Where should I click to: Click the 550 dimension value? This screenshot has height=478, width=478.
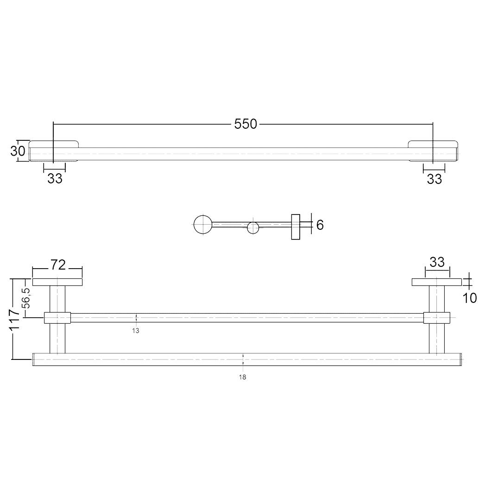pyautogui.click(x=245, y=124)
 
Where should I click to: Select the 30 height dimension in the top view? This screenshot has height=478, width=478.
pyautogui.click(x=18, y=151)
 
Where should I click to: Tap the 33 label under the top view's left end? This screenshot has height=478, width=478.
pyautogui.click(x=55, y=179)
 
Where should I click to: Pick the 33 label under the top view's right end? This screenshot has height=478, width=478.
pyautogui.click(x=434, y=179)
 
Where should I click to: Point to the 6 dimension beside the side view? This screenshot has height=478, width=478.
pyautogui.click(x=320, y=225)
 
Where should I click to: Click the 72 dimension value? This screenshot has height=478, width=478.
pyautogui.click(x=58, y=265)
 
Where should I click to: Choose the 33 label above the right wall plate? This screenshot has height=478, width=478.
pyautogui.click(x=437, y=262)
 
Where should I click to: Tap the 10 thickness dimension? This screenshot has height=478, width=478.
pyautogui.click(x=470, y=298)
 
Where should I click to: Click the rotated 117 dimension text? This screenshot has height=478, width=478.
pyautogui.click(x=14, y=319)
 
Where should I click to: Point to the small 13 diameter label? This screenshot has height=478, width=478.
pyautogui.click(x=136, y=330)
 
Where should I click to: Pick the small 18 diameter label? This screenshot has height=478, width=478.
pyautogui.click(x=242, y=377)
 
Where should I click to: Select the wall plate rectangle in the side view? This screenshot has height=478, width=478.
pyautogui.click(x=296, y=227)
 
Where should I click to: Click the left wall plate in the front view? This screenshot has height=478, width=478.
pyautogui.click(x=57, y=282)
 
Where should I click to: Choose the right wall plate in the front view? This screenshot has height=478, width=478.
pyautogui.click(x=437, y=282)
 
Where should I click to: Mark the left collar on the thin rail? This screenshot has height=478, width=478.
pyautogui.click(x=57, y=318)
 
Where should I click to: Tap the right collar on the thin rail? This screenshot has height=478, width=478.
pyautogui.click(x=436, y=318)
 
